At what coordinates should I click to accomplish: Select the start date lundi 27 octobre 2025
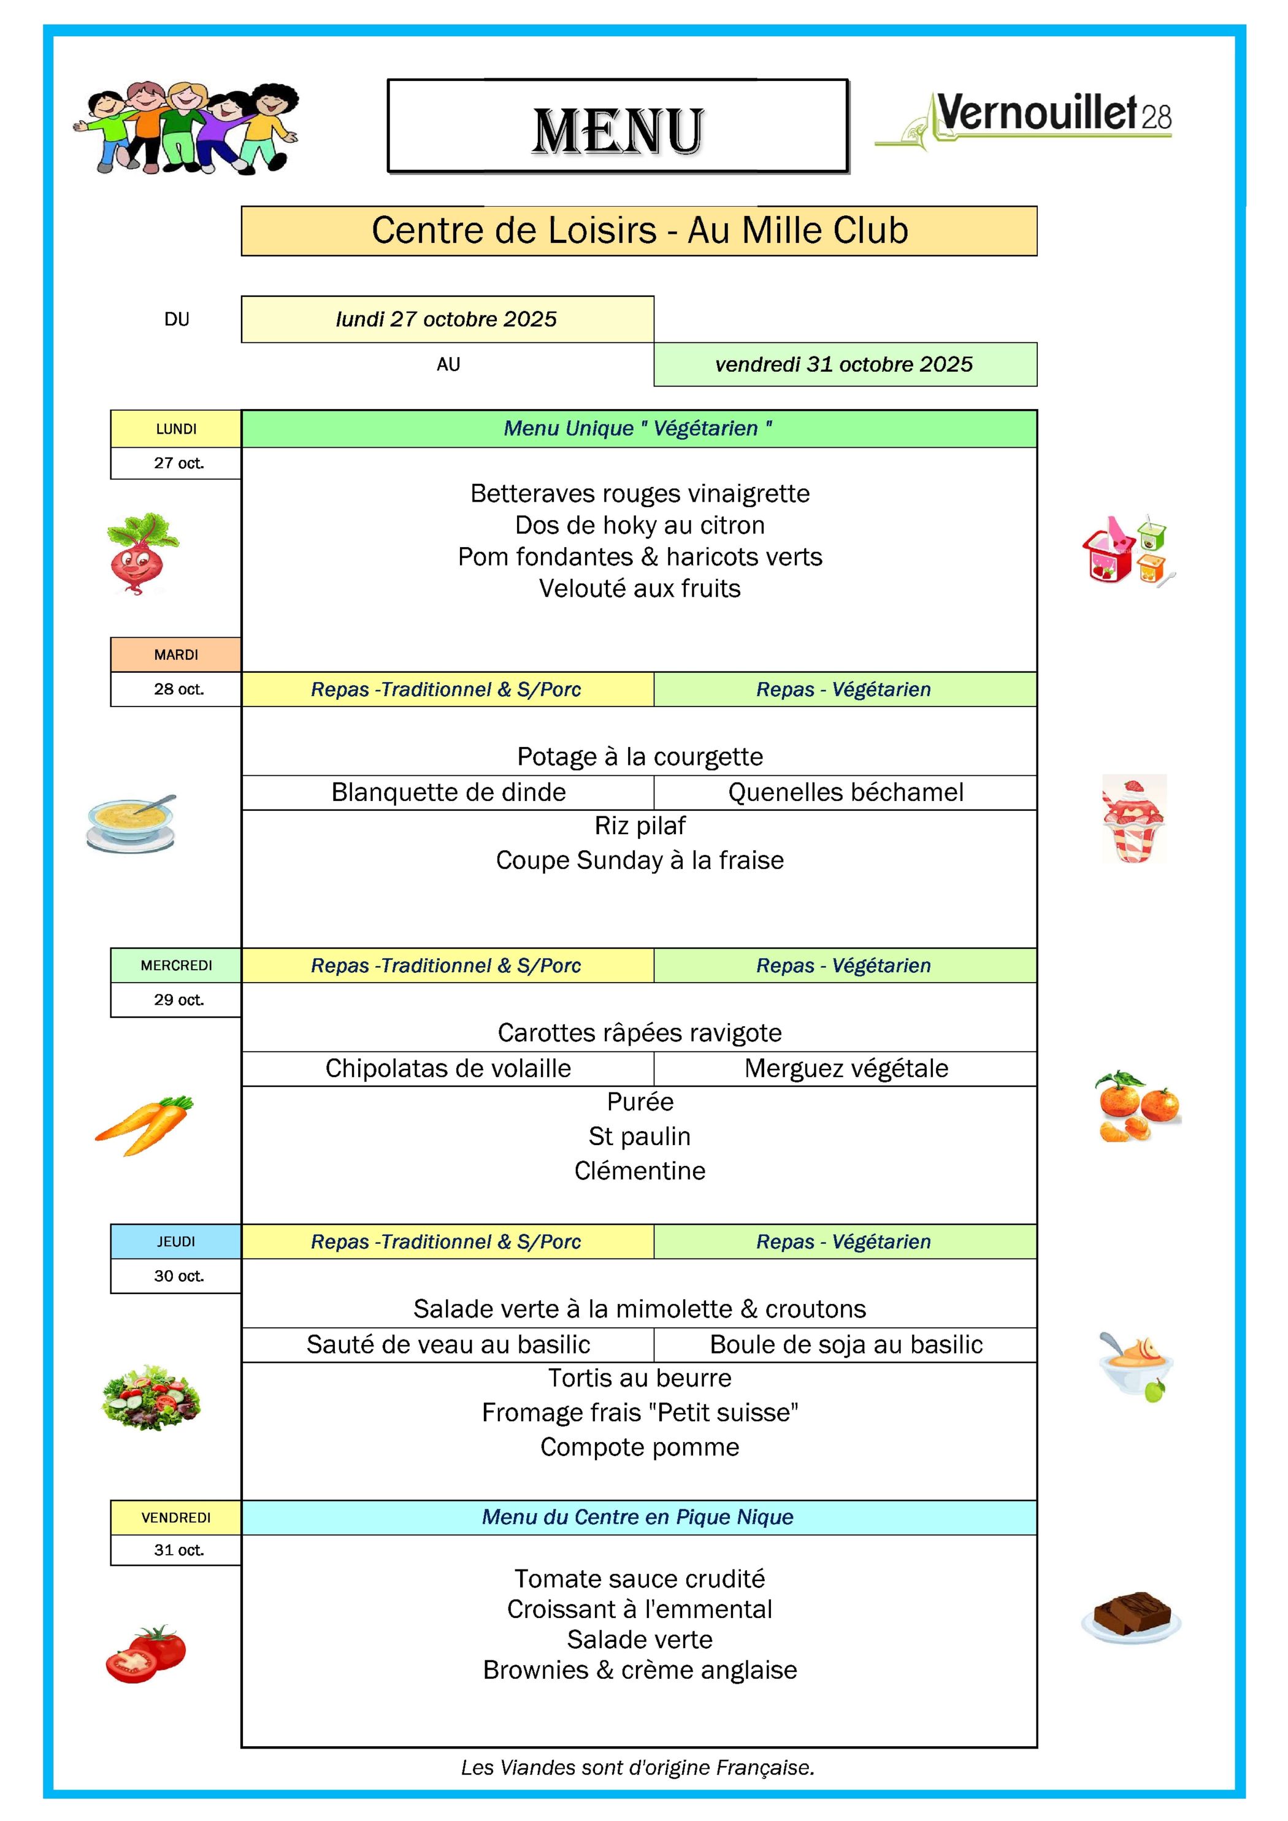point(447,319)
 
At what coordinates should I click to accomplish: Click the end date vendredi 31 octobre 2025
point(844,364)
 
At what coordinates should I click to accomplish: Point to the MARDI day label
point(176,654)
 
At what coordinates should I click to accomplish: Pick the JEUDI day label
point(176,1241)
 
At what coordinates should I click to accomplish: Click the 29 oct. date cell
point(178,999)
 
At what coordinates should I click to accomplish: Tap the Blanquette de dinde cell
point(448,792)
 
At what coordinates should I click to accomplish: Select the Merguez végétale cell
point(845,1068)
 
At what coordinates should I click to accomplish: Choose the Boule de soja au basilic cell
point(845,1344)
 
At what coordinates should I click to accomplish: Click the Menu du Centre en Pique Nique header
point(638,1516)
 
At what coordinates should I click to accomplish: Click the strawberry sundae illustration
point(1133,818)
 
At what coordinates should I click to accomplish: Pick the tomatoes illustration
point(146,1654)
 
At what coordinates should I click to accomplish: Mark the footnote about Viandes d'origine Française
point(638,1767)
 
